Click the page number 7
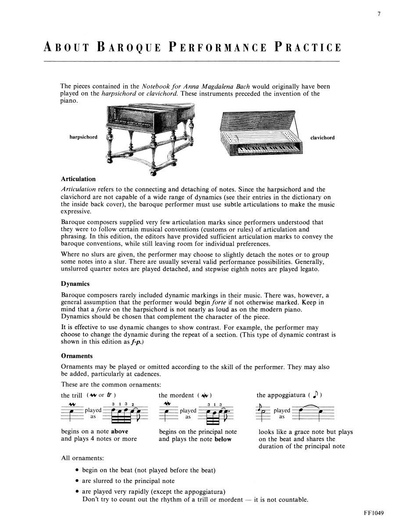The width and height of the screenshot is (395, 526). point(378,14)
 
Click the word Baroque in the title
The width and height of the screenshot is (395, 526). point(132,47)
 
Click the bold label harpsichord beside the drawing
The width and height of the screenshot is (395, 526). point(83,137)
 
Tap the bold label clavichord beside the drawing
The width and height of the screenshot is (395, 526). point(322,138)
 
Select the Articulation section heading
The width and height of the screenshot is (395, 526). point(78,179)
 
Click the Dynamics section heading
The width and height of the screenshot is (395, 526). point(75,284)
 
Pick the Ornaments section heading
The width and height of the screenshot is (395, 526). point(77,356)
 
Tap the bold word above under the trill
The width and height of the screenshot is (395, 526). point(119,431)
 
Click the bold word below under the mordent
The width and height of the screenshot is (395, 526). point(223,439)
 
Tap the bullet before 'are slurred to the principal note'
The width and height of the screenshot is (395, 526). point(77,481)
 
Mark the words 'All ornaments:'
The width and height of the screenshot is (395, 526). point(83,458)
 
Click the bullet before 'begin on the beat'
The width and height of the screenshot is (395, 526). point(77,471)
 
